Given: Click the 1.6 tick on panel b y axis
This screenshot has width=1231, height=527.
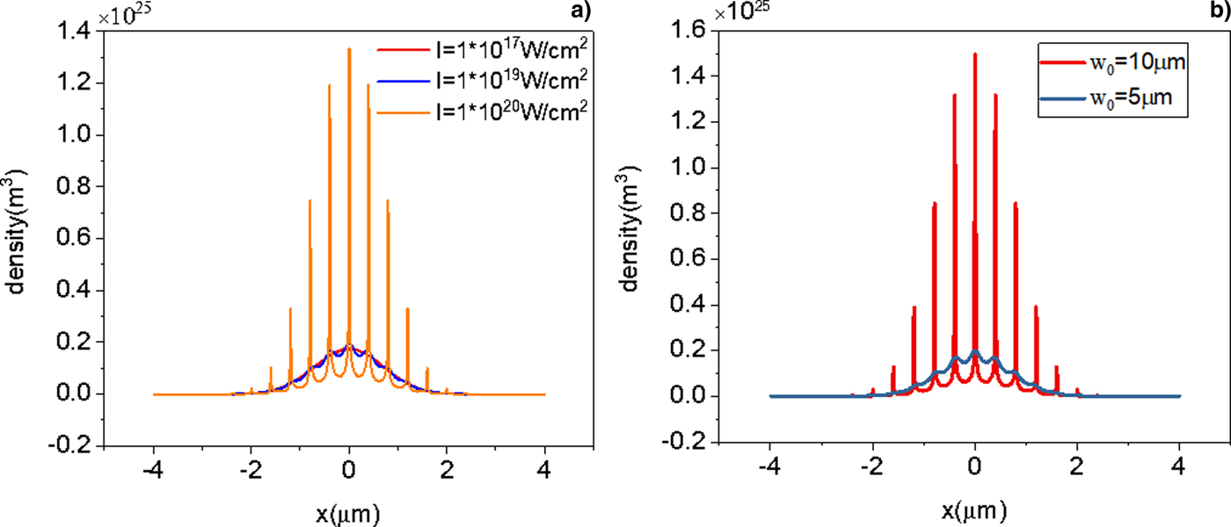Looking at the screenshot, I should (x=689, y=32).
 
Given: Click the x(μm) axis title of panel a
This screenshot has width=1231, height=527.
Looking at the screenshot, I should (x=349, y=511).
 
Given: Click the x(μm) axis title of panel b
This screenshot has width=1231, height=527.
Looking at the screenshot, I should (x=974, y=511).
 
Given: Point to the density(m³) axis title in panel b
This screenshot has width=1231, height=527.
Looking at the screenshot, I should (x=639, y=238).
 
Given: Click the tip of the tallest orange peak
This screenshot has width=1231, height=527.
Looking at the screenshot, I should (x=349, y=48).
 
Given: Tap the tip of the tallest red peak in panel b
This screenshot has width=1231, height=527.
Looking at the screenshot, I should (x=975, y=54).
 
